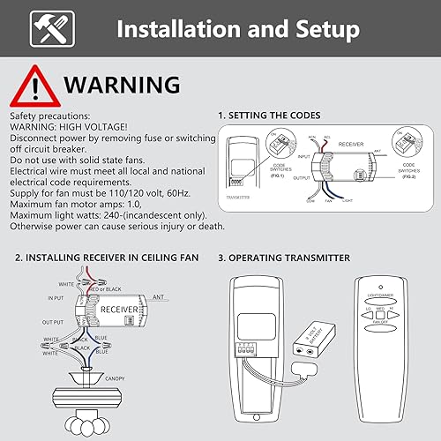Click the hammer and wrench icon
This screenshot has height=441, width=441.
click(x=46, y=31)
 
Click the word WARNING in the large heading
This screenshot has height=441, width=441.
click(x=123, y=86)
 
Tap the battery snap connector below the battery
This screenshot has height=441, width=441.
click(x=305, y=357)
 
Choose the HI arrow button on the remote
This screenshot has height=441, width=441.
click(x=394, y=312)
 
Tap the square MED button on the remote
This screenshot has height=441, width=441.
click(x=381, y=312)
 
